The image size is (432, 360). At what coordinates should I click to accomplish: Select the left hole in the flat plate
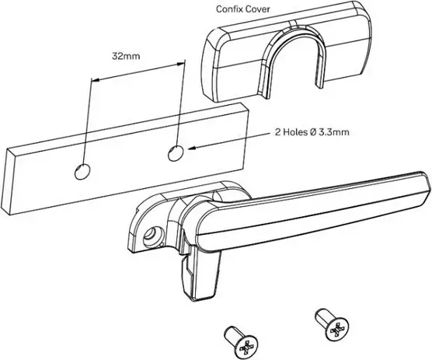pos(82,172)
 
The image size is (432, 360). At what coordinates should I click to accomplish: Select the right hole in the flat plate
pos(176,153)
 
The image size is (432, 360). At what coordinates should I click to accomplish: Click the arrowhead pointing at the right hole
pos(192,148)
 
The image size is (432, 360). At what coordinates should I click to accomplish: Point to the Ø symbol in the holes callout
pos(314,132)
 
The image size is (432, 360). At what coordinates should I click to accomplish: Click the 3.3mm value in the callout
pos(333,132)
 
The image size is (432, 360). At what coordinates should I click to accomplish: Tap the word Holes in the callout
pos(295,132)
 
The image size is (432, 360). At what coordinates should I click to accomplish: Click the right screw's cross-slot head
pos(337,330)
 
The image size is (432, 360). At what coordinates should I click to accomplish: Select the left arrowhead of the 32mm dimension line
pos(96,80)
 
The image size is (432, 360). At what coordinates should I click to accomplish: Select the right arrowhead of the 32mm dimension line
pos(179,64)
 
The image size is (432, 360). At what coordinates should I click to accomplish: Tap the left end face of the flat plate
pos(9,182)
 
